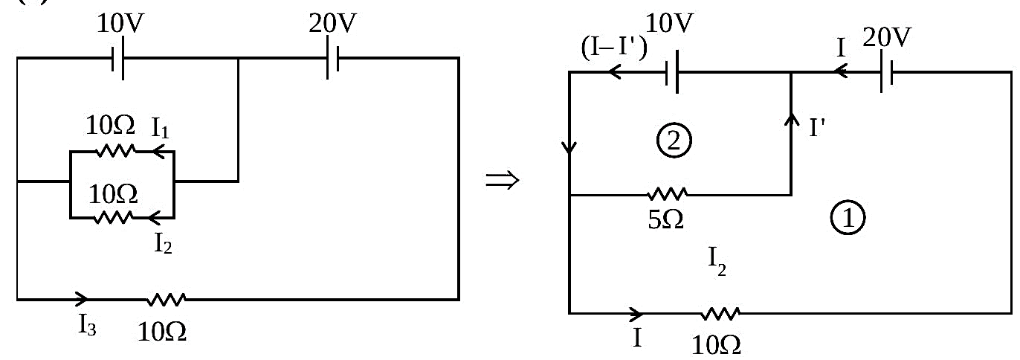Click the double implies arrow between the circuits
503,181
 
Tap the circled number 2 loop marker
674,141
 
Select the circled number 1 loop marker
848,217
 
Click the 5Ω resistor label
665,220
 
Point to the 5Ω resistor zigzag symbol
668,195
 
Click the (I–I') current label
614,48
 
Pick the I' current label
817,128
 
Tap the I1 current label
161,128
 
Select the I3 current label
87,325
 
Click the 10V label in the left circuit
120,23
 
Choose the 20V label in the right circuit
887,37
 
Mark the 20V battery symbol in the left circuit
332,58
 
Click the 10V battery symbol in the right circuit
671,72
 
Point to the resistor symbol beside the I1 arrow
116,150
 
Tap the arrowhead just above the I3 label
82,299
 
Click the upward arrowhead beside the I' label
792,120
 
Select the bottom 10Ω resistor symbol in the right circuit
720,314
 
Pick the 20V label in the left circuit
332,23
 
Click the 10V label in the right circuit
669,23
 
